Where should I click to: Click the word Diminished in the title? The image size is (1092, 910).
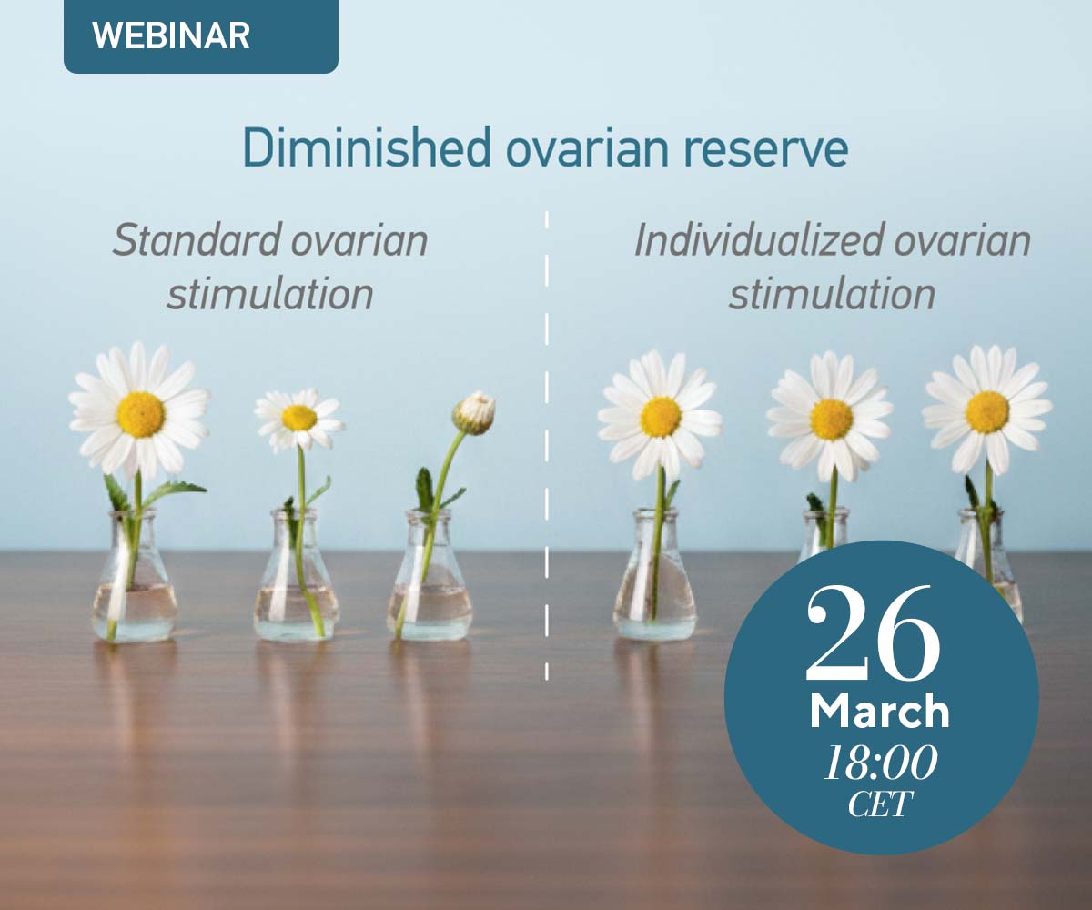click(x=366, y=148)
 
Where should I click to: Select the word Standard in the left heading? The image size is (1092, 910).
click(x=197, y=240)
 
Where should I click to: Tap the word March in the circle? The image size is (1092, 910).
click(x=880, y=711)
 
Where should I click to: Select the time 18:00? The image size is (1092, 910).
click(x=881, y=763)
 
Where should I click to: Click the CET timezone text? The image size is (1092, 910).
click(x=880, y=804)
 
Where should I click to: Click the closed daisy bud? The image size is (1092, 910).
click(x=474, y=412)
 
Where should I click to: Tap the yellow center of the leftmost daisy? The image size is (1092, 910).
click(x=141, y=415)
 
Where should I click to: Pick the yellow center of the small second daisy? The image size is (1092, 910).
click(x=299, y=418)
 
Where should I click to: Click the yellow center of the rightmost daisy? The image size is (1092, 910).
click(x=986, y=412)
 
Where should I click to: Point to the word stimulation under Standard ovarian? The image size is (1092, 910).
click(x=270, y=295)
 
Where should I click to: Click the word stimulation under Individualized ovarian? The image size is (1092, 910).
click(x=832, y=295)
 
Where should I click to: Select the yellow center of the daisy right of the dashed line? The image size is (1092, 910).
click(x=661, y=417)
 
